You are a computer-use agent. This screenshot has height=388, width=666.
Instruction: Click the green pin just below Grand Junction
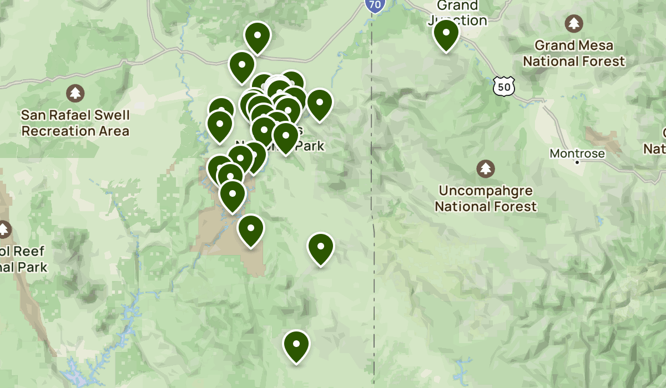(446, 34)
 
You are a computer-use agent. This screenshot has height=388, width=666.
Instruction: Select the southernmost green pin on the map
(296, 345)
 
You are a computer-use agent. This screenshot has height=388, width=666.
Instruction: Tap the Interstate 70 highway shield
(374, 5)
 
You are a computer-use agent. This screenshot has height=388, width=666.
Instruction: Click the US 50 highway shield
(503, 86)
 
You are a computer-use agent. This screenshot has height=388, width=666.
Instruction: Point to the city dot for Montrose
(577, 162)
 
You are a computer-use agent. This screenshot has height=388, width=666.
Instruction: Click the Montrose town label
(577, 153)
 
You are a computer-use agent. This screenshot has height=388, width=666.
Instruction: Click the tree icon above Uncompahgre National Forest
(486, 168)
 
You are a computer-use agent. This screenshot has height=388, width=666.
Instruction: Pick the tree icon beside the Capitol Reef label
(4, 229)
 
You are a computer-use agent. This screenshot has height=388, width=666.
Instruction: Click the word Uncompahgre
(486, 191)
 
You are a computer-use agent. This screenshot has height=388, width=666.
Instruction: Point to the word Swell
(109, 116)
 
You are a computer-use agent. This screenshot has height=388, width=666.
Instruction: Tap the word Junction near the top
(458, 21)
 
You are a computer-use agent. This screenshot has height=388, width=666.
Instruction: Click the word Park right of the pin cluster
(310, 145)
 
